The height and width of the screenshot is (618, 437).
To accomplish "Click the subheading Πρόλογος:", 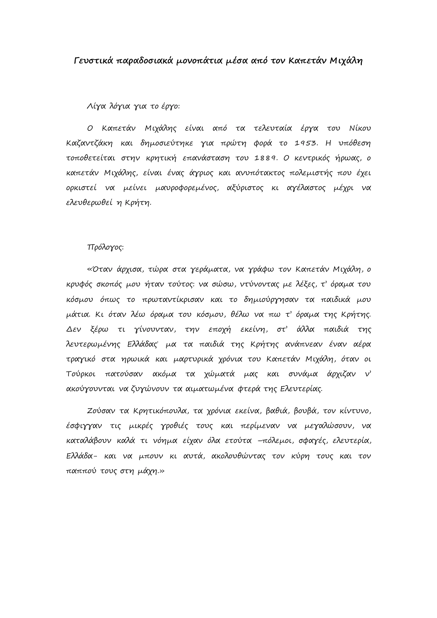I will [105, 247].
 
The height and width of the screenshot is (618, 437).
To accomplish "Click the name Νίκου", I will [360, 128].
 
